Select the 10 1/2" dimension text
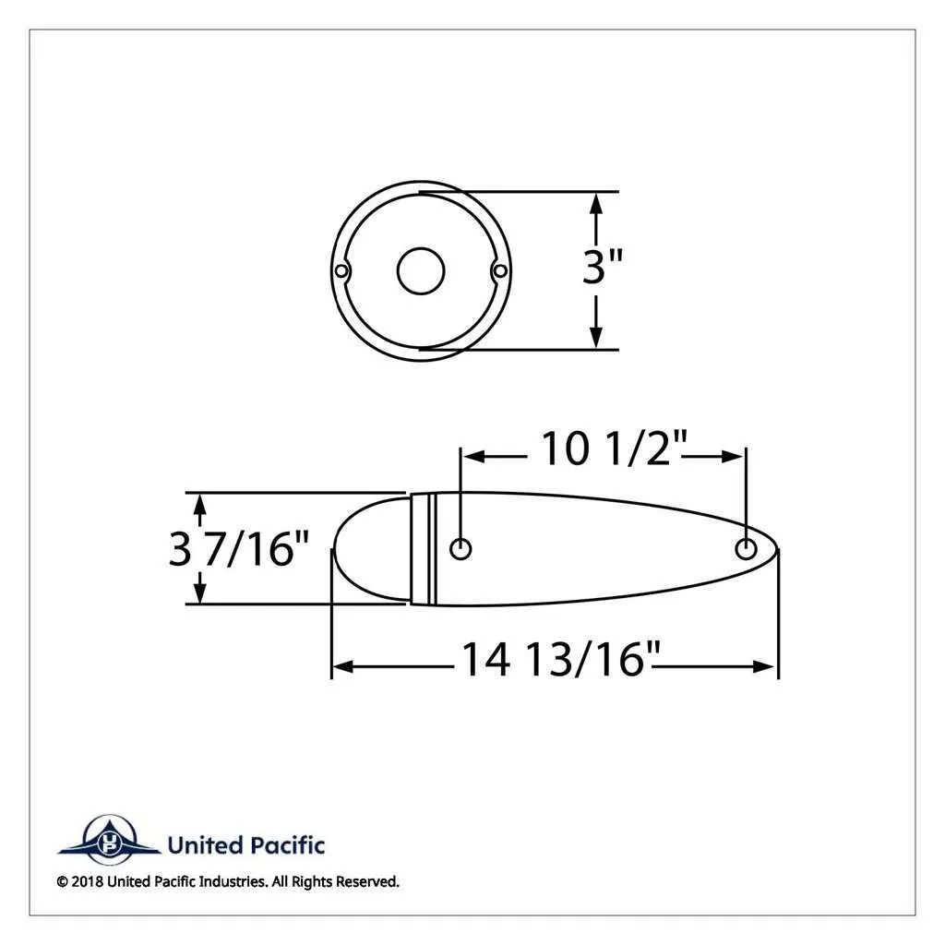[x=614, y=449]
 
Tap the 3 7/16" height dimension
[x=239, y=549]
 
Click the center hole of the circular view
[x=421, y=271]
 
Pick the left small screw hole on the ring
[x=341, y=271]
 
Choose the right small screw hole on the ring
[x=499, y=271]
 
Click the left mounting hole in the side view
[x=461, y=549]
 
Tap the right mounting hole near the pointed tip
[x=746, y=549]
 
